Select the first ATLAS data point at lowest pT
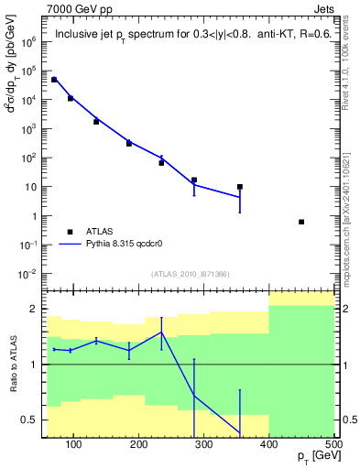[54, 80]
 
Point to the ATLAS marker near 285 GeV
[194, 180]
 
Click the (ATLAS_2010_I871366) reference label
[190, 273]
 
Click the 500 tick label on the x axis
[333, 444]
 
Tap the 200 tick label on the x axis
[139, 444]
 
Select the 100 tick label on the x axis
[74, 444]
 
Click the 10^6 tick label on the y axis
[27, 42]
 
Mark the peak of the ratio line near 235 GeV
[161, 333]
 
